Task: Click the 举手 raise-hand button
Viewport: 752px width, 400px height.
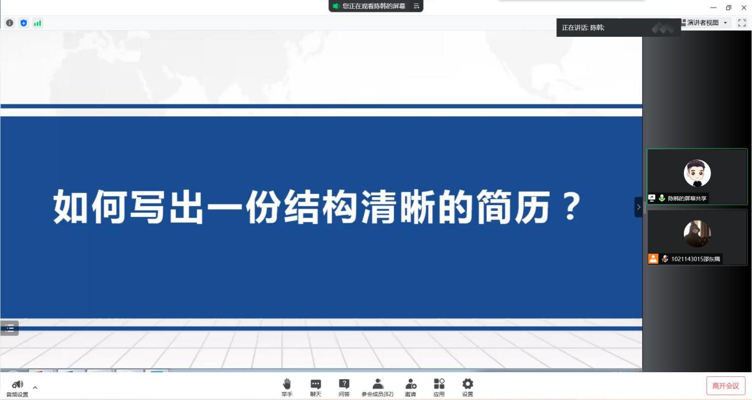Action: pyautogui.click(x=287, y=387)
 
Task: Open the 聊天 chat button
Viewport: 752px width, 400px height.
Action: pyautogui.click(x=316, y=387)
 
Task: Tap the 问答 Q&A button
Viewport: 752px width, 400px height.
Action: pyautogui.click(x=344, y=387)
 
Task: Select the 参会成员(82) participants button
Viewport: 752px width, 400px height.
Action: pyautogui.click(x=377, y=387)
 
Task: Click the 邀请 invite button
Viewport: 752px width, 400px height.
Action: pyautogui.click(x=411, y=387)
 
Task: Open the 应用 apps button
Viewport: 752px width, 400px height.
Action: pyautogui.click(x=439, y=387)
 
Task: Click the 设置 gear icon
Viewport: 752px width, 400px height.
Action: pyautogui.click(x=468, y=383)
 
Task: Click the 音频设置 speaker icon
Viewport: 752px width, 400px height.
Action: pyautogui.click(x=17, y=384)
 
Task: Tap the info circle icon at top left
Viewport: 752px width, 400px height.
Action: pyautogui.click(x=9, y=23)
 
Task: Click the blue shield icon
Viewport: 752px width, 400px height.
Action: pyautogui.click(x=24, y=23)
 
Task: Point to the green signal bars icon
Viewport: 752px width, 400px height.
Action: pyautogui.click(x=37, y=23)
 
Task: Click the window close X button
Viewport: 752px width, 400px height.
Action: pyautogui.click(x=744, y=7)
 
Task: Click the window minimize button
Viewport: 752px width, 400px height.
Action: pyautogui.click(x=713, y=7)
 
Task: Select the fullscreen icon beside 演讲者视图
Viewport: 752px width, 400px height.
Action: pyautogui.click(x=741, y=23)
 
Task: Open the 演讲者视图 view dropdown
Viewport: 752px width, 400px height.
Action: pyautogui.click(x=705, y=23)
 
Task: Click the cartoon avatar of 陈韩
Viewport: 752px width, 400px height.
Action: pyautogui.click(x=697, y=173)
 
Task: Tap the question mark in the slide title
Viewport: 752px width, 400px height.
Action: pyautogui.click(x=572, y=207)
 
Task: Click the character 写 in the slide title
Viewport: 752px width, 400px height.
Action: pyautogui.click(x=148, y=207)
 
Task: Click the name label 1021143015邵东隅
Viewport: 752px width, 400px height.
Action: pyautogui.click(x=695, y=259)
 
